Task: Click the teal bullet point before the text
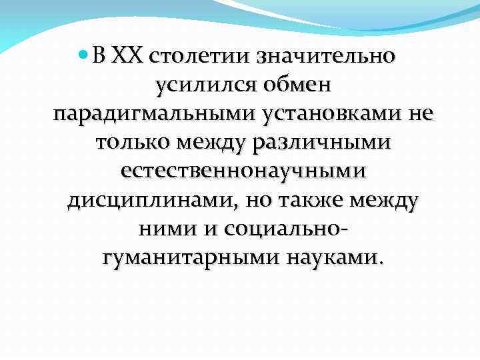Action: pos(85,55)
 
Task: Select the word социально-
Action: pos(285,228)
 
